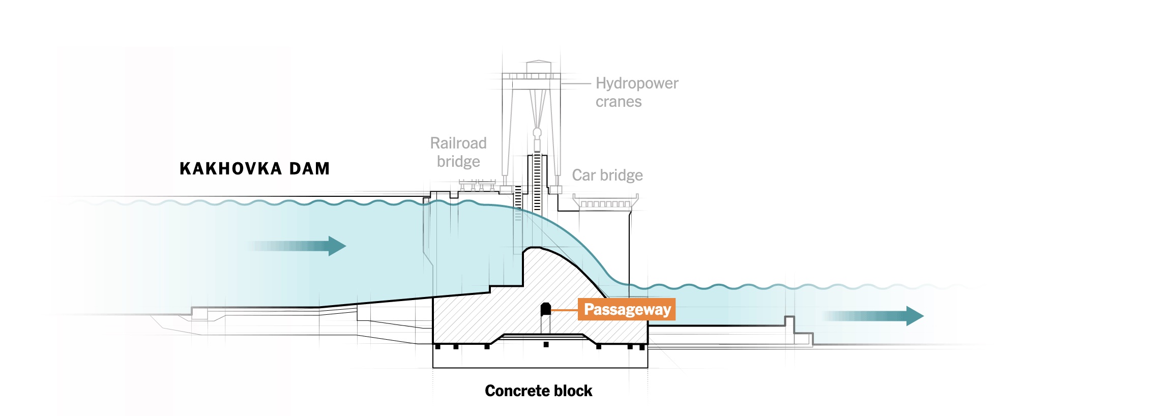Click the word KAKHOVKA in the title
tap(231, 168)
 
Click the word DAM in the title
tap(310, 168)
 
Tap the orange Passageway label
tap(627, 309)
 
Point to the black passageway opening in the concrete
tap(545, 309)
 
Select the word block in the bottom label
tap(573, 391)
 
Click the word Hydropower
tap(637, 83)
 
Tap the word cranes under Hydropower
tap(619, 102)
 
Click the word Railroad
tap(458, 143)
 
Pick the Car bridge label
tap(607, 175)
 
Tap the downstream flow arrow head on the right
tap(915, 316)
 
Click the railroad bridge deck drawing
tap(477, 183)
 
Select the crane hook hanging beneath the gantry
tap(537, 134)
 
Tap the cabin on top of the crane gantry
tap(539, 67)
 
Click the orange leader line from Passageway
tap(565, 309)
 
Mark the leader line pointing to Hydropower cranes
tap(576, 83)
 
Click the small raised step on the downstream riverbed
tap(789, 321)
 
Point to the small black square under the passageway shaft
tap(546, 344)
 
